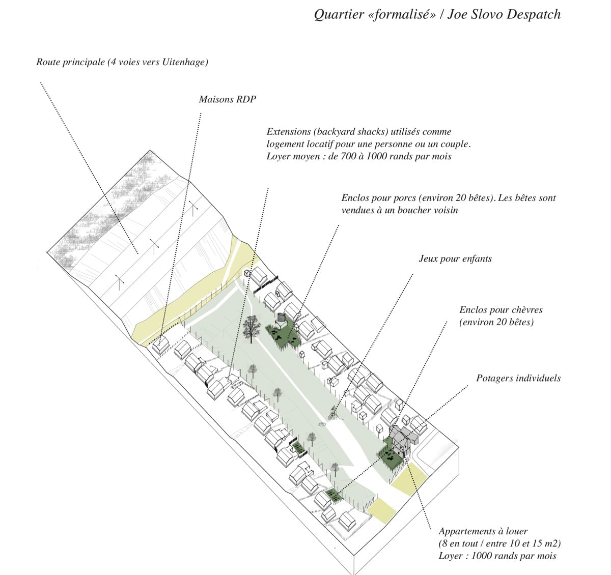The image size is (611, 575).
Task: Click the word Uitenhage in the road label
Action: (x=183, y=62)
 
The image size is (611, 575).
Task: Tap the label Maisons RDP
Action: (x=228, y=99)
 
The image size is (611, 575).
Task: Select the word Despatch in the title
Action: (x=534, y=14)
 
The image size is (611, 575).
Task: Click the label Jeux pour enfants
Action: (x=455, y=259)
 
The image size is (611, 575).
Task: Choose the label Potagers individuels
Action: (x=518, y=378)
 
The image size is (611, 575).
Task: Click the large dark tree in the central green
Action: (x=252, y=328)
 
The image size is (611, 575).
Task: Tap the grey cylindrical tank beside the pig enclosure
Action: (x=282, y=318)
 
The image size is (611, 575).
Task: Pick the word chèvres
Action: (x=525, y=310)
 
